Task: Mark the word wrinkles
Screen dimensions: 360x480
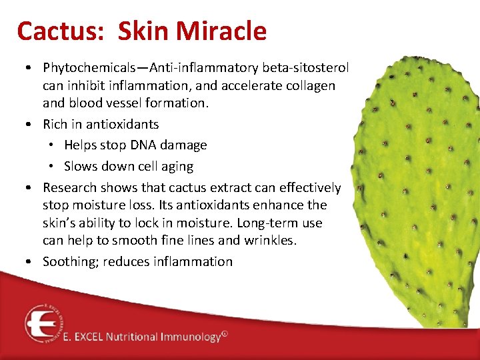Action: coord(266,241)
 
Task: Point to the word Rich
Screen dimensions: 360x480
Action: coord(56,124)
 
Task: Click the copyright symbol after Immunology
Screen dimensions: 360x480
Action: coord(225,335)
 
